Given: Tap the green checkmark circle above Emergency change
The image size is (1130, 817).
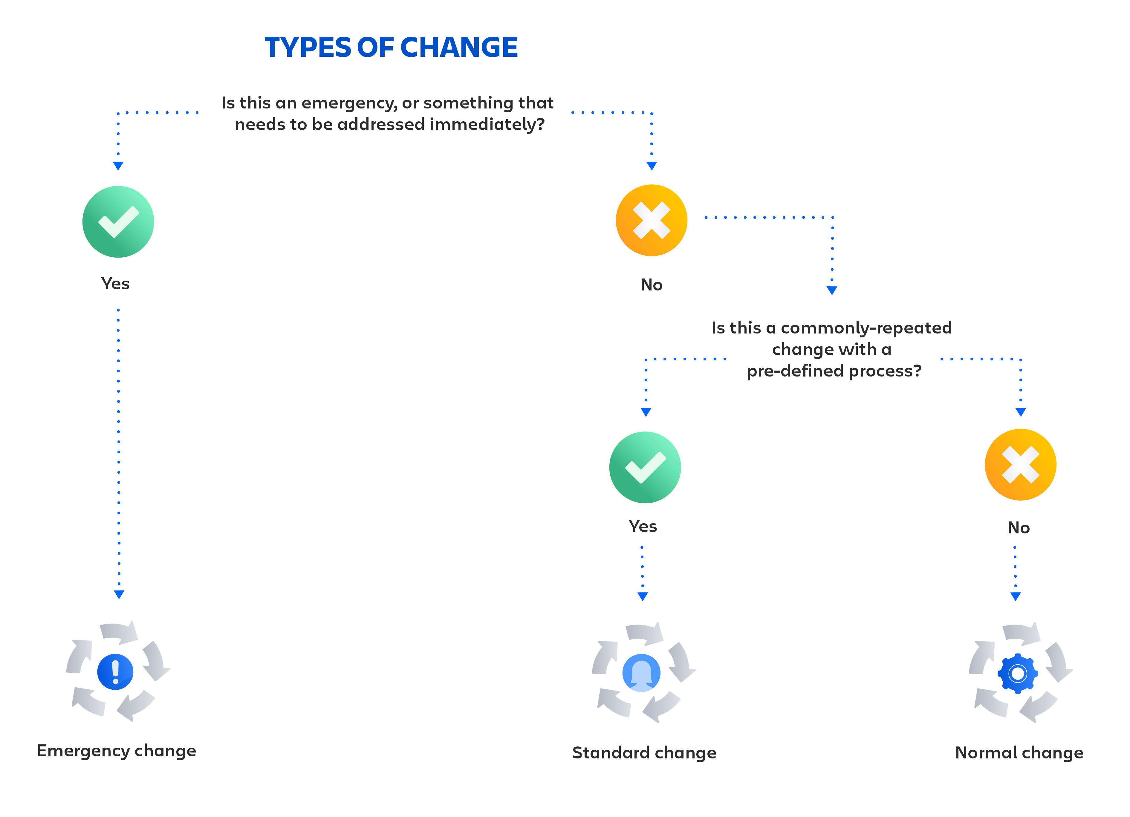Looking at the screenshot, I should tap(118, 222).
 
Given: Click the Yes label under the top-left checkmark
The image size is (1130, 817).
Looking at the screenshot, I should tap(115, 284).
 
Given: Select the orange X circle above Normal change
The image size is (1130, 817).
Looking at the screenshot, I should tap(1020, 464).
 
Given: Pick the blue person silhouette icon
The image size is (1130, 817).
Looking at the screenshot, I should tap(641, 673).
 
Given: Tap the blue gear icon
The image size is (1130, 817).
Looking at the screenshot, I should tap(1017, 674).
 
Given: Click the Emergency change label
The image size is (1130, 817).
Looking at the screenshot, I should tap(117, 751).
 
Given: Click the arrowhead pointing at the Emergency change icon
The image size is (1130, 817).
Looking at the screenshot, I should tap(119, 594).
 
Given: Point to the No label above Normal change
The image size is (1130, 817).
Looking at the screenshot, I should tap(1019, 527).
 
